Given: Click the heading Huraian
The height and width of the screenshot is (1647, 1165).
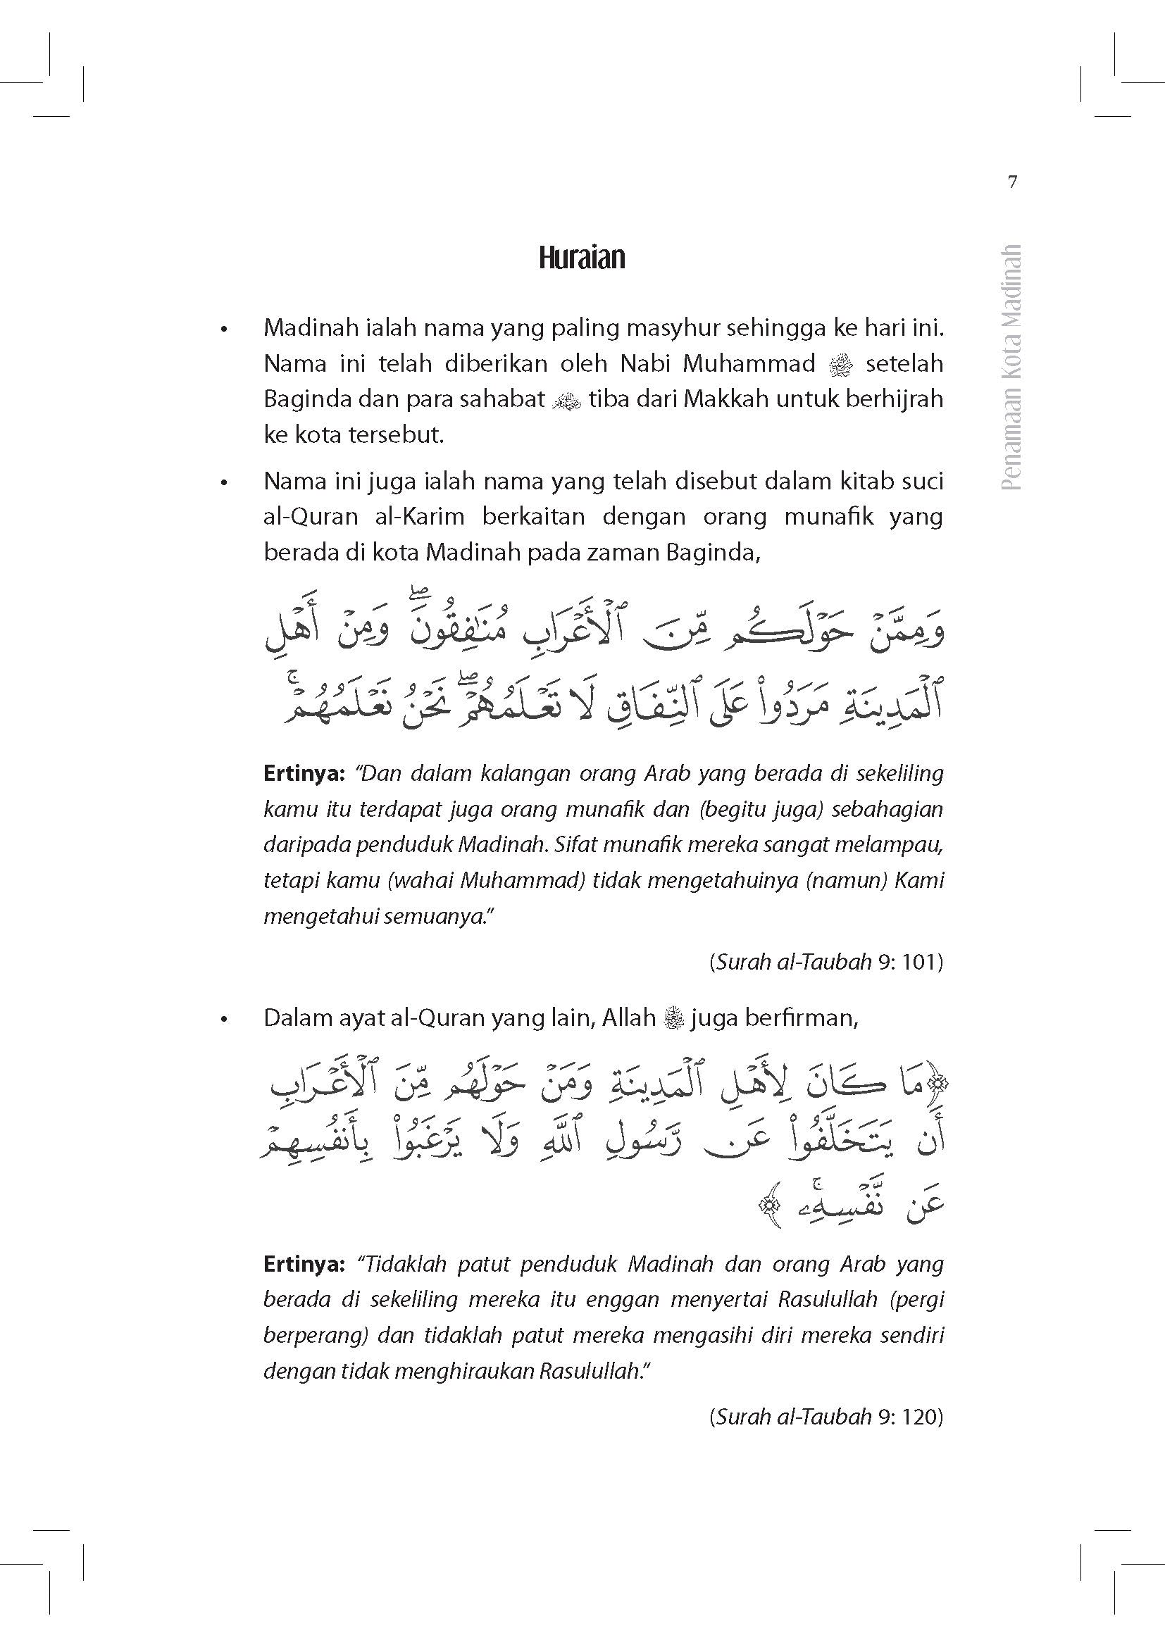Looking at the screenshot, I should point(582,258).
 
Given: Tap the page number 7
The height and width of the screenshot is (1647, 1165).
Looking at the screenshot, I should point(1012,183).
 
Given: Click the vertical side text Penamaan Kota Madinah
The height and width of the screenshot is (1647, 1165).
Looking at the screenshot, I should point(1011,368).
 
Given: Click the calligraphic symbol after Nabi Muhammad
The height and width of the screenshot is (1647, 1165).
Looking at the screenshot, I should point(840,367).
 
